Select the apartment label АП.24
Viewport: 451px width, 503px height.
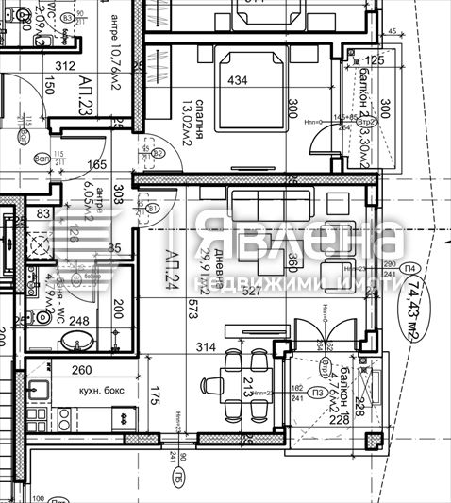[x=173, y=269]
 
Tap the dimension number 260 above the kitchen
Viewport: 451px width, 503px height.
[x=83, y=371]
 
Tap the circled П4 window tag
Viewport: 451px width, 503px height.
[x=410, y=269]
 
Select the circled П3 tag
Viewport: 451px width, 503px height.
[x=318, y=393]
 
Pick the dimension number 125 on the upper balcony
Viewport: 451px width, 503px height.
[x=375, y=61]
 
